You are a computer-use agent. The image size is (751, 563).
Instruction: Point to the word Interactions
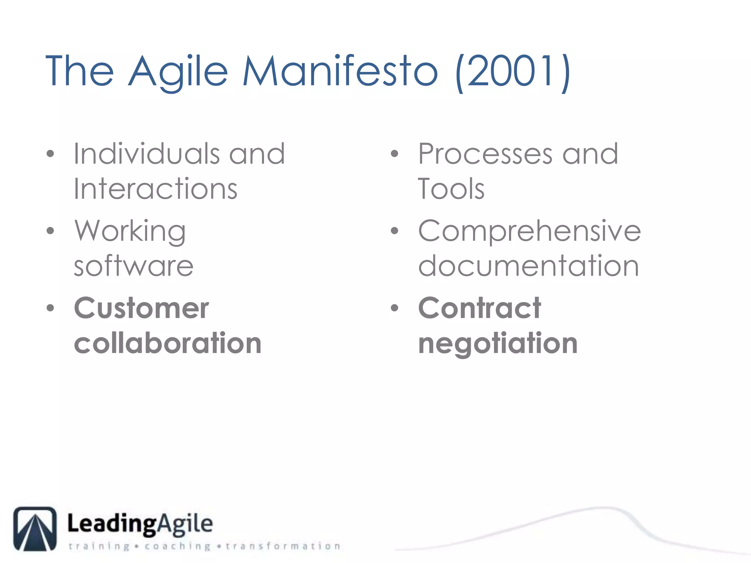(x=155, y=189)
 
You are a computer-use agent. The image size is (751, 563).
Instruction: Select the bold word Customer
(x=142, y=308)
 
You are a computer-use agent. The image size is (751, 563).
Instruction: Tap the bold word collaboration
(x=168, y=343)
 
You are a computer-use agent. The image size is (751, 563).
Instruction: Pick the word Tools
(x=451, y=189)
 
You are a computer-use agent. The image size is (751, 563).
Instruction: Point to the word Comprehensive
(x=530, y=231)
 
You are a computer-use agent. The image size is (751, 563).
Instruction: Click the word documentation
(x=528, y=266)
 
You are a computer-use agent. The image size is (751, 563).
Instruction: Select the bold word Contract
(x=480, y=308)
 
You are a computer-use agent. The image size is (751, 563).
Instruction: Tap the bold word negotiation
(x=498, y=344)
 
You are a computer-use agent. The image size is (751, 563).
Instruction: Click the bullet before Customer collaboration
(x=50, y=308)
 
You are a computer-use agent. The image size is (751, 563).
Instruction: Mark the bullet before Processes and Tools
(x=394, y=154)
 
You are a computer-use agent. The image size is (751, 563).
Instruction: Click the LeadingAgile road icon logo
(x=35, y=529)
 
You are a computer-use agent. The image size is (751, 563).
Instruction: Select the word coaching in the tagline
(x=177, y=546)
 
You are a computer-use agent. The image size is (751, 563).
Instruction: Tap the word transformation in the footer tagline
(x=283, y=546)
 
